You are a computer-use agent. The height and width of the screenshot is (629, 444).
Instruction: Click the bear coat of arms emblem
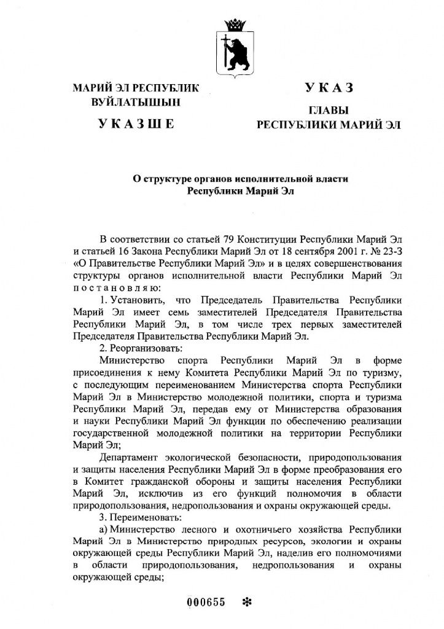[235, 52]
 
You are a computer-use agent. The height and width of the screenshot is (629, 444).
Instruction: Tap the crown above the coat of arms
[235, 25]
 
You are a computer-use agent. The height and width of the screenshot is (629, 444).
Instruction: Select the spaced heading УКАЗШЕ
[136, 125]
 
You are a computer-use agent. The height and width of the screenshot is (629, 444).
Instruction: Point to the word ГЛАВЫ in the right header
[328, 111]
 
